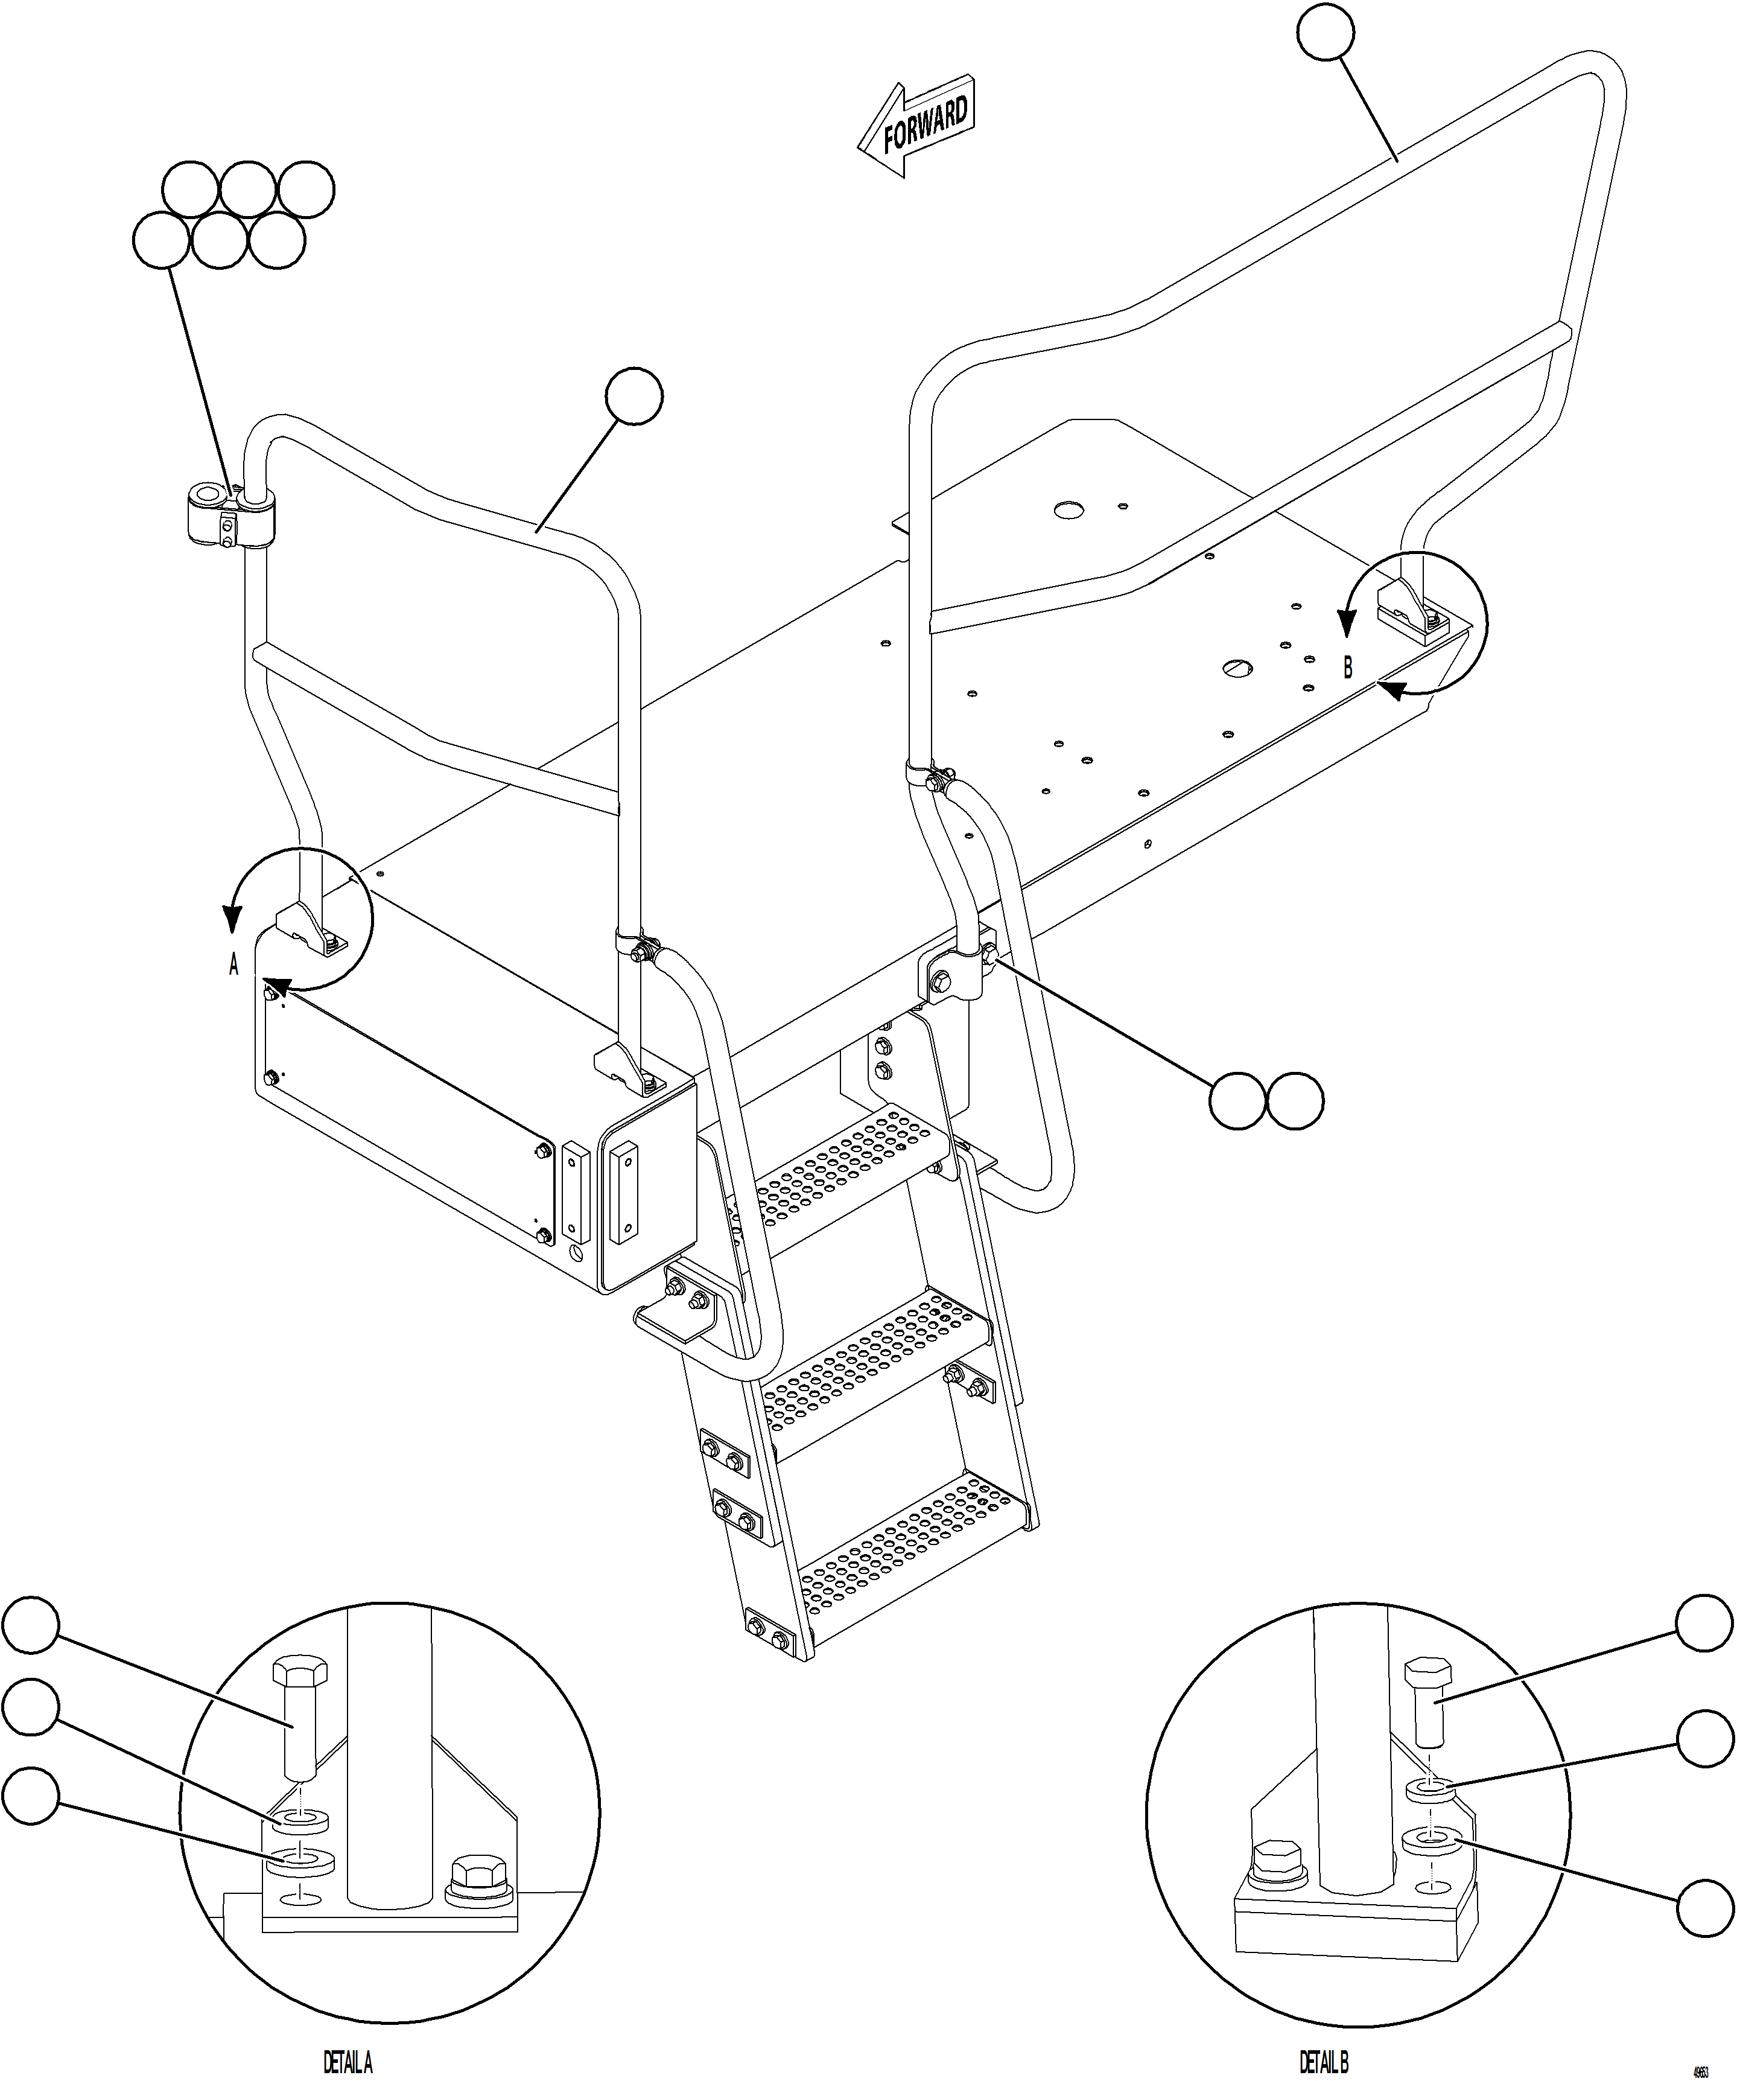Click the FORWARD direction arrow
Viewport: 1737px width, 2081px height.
coord(916,126)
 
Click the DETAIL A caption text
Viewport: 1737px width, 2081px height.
coord(348,2063)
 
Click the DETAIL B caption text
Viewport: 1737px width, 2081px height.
coord(1324,2063)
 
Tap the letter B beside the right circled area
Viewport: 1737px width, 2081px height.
coord(1348,669)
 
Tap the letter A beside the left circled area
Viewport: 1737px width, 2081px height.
coord(234,964)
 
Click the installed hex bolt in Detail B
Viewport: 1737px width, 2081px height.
coord(1277,1863)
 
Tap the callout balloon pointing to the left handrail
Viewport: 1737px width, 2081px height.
coord(634,397)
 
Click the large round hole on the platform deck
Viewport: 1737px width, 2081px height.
coord(1068,511)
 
